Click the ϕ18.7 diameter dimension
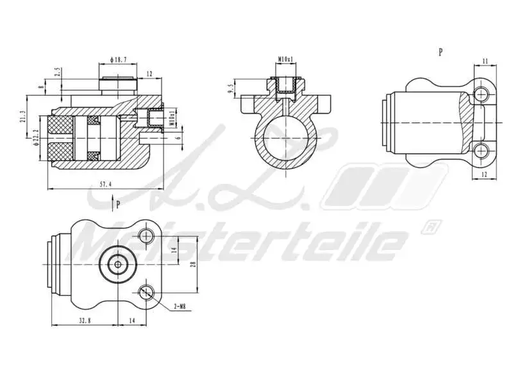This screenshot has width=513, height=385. coord(118,60)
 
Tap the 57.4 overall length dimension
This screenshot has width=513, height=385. coord(106,184)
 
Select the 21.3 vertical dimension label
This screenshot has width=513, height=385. coord(23,116)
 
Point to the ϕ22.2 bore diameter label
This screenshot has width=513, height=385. coord(37,137)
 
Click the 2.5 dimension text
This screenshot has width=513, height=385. coord(57,71)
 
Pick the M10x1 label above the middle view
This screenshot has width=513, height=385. coord(286,60)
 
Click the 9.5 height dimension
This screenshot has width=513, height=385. coord(231,88)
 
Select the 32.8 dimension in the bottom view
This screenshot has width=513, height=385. coord(84,319)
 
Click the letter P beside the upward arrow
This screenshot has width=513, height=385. coord(118,205)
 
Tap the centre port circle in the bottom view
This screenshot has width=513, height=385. coord(118,264)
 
